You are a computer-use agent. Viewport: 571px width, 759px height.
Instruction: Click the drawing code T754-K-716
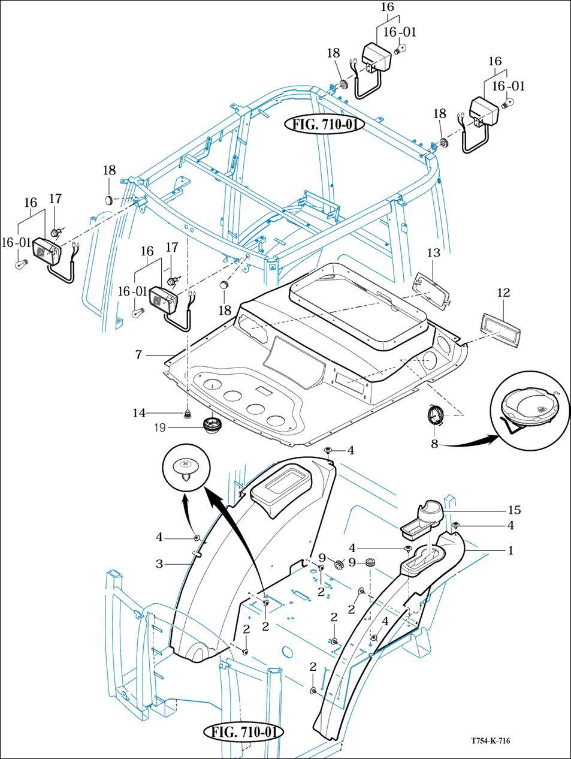click(490, 741)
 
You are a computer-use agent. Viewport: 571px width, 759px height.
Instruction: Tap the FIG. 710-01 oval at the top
click(324, 124)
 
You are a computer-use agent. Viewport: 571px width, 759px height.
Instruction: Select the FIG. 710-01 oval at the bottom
click(243, 732)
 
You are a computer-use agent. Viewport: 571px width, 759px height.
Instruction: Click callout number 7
click(138, 355)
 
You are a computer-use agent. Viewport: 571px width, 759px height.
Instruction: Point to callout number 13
click(434, 253)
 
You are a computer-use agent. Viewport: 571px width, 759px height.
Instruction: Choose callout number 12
click(503, 293)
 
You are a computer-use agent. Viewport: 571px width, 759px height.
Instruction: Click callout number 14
click(139, 413)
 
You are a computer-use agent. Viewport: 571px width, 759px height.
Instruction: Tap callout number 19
click(160, 427)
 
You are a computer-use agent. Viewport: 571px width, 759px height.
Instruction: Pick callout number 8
click(434, 444)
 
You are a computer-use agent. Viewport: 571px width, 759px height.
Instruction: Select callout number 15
click(514, 510)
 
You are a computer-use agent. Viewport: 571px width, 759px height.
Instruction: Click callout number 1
click(510, 550)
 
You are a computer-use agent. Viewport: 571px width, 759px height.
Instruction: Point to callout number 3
click(159, 564)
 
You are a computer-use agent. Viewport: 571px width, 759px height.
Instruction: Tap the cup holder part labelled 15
click(426, 516)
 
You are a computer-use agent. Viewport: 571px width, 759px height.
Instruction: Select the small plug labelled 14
click(188, 414)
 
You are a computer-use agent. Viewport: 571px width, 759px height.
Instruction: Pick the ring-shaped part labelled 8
click(436, 414)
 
